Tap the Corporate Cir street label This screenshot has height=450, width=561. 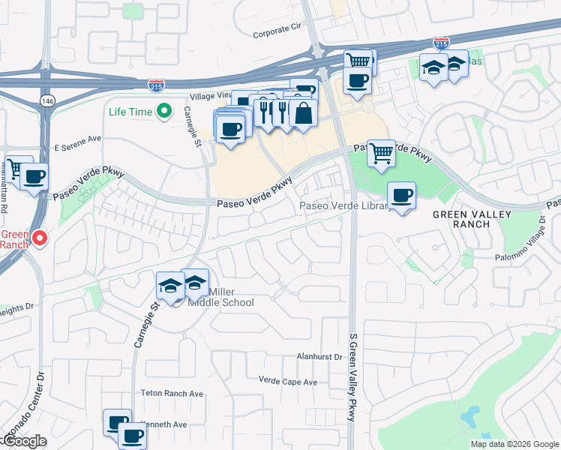tap(276, 31)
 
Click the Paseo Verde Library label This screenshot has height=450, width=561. tap(344, 206)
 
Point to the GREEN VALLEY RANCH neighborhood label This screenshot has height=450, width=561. tap(472, 219)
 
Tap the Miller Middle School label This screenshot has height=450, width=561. tap(231, 297)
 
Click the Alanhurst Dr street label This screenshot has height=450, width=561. tap(319, 357)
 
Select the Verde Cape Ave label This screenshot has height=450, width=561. tap(288, 382)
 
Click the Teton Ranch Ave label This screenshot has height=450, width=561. tap(172, 393)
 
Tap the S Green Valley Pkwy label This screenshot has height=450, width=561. tap(352, 377)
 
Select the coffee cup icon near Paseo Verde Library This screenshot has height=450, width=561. tap(402, 196)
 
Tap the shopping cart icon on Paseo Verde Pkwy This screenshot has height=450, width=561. tap(381, 154)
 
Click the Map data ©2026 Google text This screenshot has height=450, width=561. tap(514, 444)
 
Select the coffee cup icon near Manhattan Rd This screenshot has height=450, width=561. tap(33, 178)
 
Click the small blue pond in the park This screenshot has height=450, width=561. tap(470, 415)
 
